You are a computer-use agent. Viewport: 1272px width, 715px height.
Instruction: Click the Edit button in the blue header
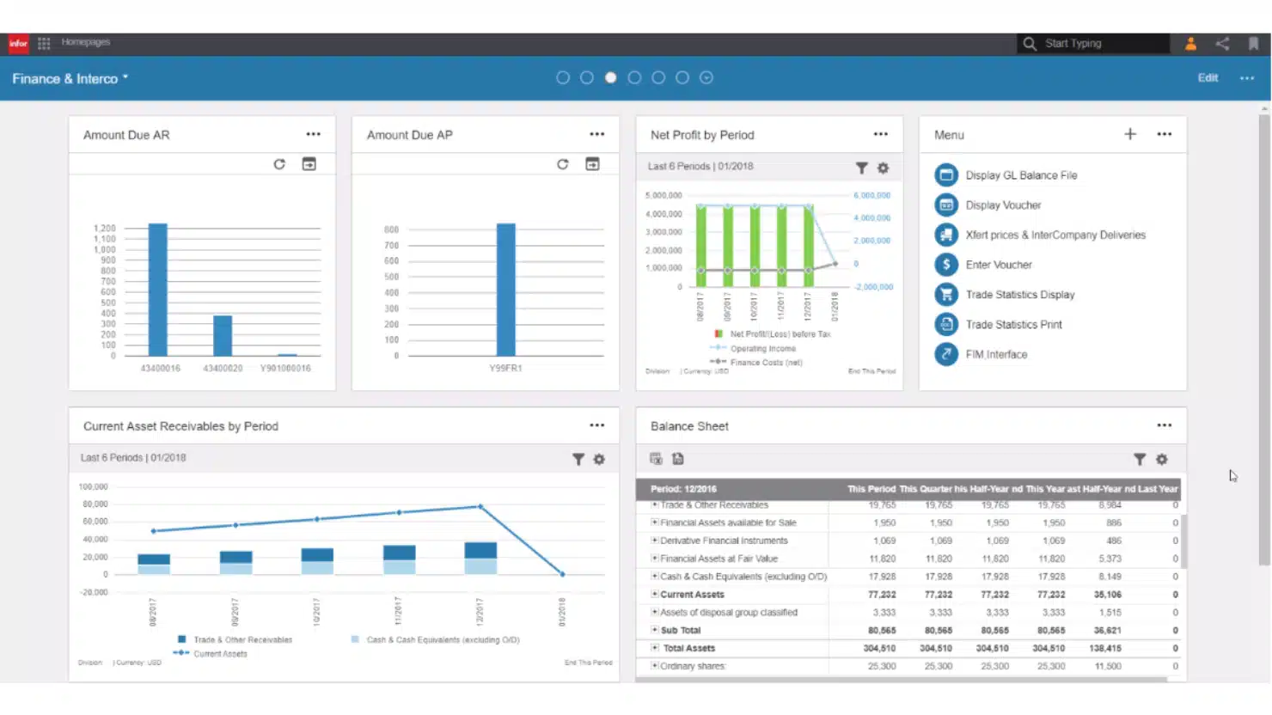click(x=1208, y=78)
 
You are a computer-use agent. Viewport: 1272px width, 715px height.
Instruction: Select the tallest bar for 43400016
click(x=158, y=290)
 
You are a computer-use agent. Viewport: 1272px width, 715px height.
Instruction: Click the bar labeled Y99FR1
click(x=506, y=290)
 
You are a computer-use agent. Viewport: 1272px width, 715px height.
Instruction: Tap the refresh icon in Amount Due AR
click(x=279, y=164)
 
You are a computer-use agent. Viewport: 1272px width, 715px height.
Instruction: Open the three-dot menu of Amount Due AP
click(x=597, y=135)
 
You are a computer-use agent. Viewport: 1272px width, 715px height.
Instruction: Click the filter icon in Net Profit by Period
click(x=861, y=168)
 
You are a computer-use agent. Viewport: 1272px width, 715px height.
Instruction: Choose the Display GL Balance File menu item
click(x=1020, y=175)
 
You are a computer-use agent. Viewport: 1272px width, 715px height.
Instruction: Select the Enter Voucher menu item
click(x=998, y=265)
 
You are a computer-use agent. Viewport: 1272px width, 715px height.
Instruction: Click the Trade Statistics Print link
click(x=1013, y=325)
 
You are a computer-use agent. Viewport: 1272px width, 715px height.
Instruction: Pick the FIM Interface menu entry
click(x=995, y=354)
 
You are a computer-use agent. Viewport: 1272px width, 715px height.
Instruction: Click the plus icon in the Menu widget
click(x=1130, y=134)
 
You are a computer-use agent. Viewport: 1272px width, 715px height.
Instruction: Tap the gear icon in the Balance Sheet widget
click(x=1162, y=460)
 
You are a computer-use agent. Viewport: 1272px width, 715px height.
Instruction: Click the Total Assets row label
click(x=688, y=649)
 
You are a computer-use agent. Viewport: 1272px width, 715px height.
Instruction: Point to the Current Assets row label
click(x=692, y=595)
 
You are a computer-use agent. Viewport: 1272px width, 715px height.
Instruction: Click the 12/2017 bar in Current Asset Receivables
click(x=480, y=558)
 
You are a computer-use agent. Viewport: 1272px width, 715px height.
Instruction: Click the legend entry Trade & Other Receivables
click(x=242, y=640)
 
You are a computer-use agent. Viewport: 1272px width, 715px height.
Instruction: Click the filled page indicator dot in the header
click(x=610, y=78)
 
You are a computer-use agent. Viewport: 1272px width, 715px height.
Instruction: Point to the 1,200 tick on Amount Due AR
click(x=104, y=229)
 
